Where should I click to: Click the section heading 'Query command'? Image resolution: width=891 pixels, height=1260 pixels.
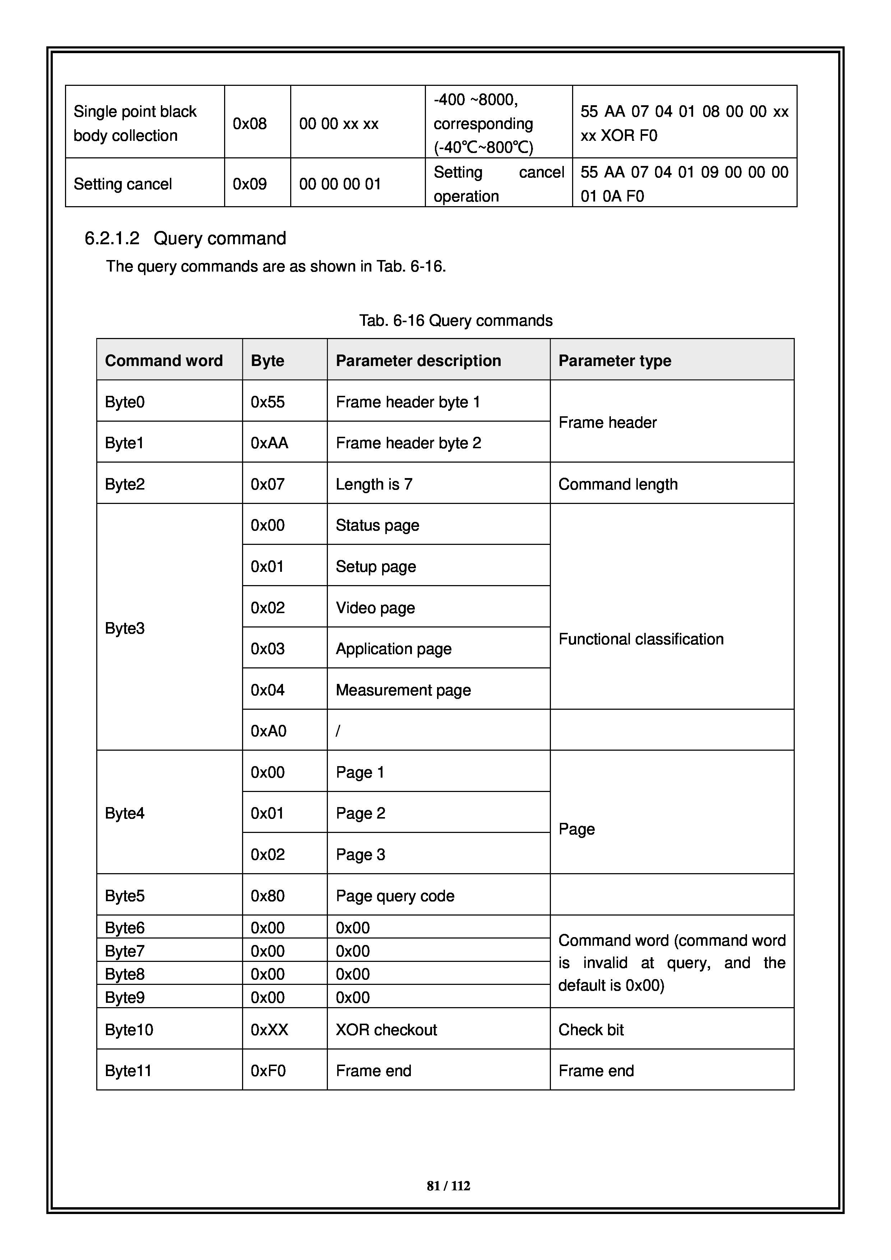(219, 238)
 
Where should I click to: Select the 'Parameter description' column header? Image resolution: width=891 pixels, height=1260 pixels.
(418, 361)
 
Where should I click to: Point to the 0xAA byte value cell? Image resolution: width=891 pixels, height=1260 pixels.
(269, 443)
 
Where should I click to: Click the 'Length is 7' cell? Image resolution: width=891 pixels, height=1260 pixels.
(374, 484)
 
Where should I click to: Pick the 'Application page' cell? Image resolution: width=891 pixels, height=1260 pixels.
(393, 649)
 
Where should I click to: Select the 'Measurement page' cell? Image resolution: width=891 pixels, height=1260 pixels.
(403, 690)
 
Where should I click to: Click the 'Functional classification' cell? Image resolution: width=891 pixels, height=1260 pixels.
(641, 639)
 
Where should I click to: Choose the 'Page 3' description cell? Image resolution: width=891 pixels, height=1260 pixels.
(361, 854)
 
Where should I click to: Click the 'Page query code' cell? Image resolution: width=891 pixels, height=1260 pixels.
(395, 895)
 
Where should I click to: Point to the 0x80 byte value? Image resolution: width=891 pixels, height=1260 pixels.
(268, 895)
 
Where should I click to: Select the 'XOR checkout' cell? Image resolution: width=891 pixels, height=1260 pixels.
(386, 1029)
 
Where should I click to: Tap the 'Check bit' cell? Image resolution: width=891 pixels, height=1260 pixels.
(591, 1029)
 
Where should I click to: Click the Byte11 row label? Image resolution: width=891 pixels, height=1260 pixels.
(128, 1071)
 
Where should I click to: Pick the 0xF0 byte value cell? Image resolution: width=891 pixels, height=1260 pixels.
(268, 1071)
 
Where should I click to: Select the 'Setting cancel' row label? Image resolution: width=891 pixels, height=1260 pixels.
(122, 184)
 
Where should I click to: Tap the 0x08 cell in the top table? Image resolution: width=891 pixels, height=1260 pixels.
(250, 124)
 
